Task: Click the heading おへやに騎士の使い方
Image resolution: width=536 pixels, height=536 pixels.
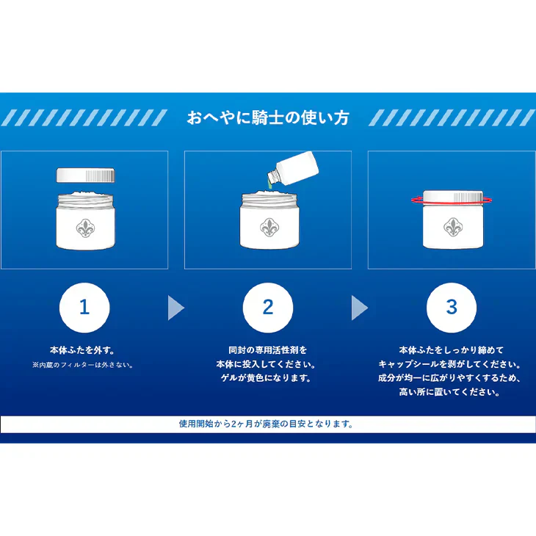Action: [268, 117]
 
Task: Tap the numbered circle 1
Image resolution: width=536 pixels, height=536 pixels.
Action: [84, 308]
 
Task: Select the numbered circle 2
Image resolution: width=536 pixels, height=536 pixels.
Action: [268, 308]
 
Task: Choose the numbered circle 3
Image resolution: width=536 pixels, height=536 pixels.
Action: [452, 308]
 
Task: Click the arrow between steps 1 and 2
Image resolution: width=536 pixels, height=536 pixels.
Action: [175, 308]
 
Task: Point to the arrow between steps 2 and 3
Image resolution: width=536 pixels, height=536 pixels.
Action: [359, 308]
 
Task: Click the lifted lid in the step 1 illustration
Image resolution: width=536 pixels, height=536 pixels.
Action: [85, 175]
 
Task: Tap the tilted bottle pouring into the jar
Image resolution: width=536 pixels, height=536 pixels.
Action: [293, 167]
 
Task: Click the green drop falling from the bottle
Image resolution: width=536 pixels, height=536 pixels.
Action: [269, 186]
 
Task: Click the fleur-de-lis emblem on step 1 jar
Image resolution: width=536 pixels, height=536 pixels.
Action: [85, 228]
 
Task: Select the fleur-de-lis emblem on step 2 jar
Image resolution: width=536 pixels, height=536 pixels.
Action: [269, 228]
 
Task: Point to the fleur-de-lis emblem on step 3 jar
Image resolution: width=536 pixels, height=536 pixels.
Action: [453, 227]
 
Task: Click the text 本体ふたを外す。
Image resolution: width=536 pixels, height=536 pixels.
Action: [82, 350]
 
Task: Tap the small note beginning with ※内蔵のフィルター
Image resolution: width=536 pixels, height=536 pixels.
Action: [83, 365]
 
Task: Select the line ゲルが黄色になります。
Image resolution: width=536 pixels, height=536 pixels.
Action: [267, 378]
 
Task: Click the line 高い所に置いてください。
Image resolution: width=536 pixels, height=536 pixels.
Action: [449, 392]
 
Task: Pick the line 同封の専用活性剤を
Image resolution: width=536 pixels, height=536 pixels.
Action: [268, 350]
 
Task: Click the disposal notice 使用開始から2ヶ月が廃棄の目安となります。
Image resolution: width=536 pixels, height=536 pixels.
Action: [267, 424]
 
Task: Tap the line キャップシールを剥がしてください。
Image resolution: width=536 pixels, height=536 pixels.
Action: [449, 364]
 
